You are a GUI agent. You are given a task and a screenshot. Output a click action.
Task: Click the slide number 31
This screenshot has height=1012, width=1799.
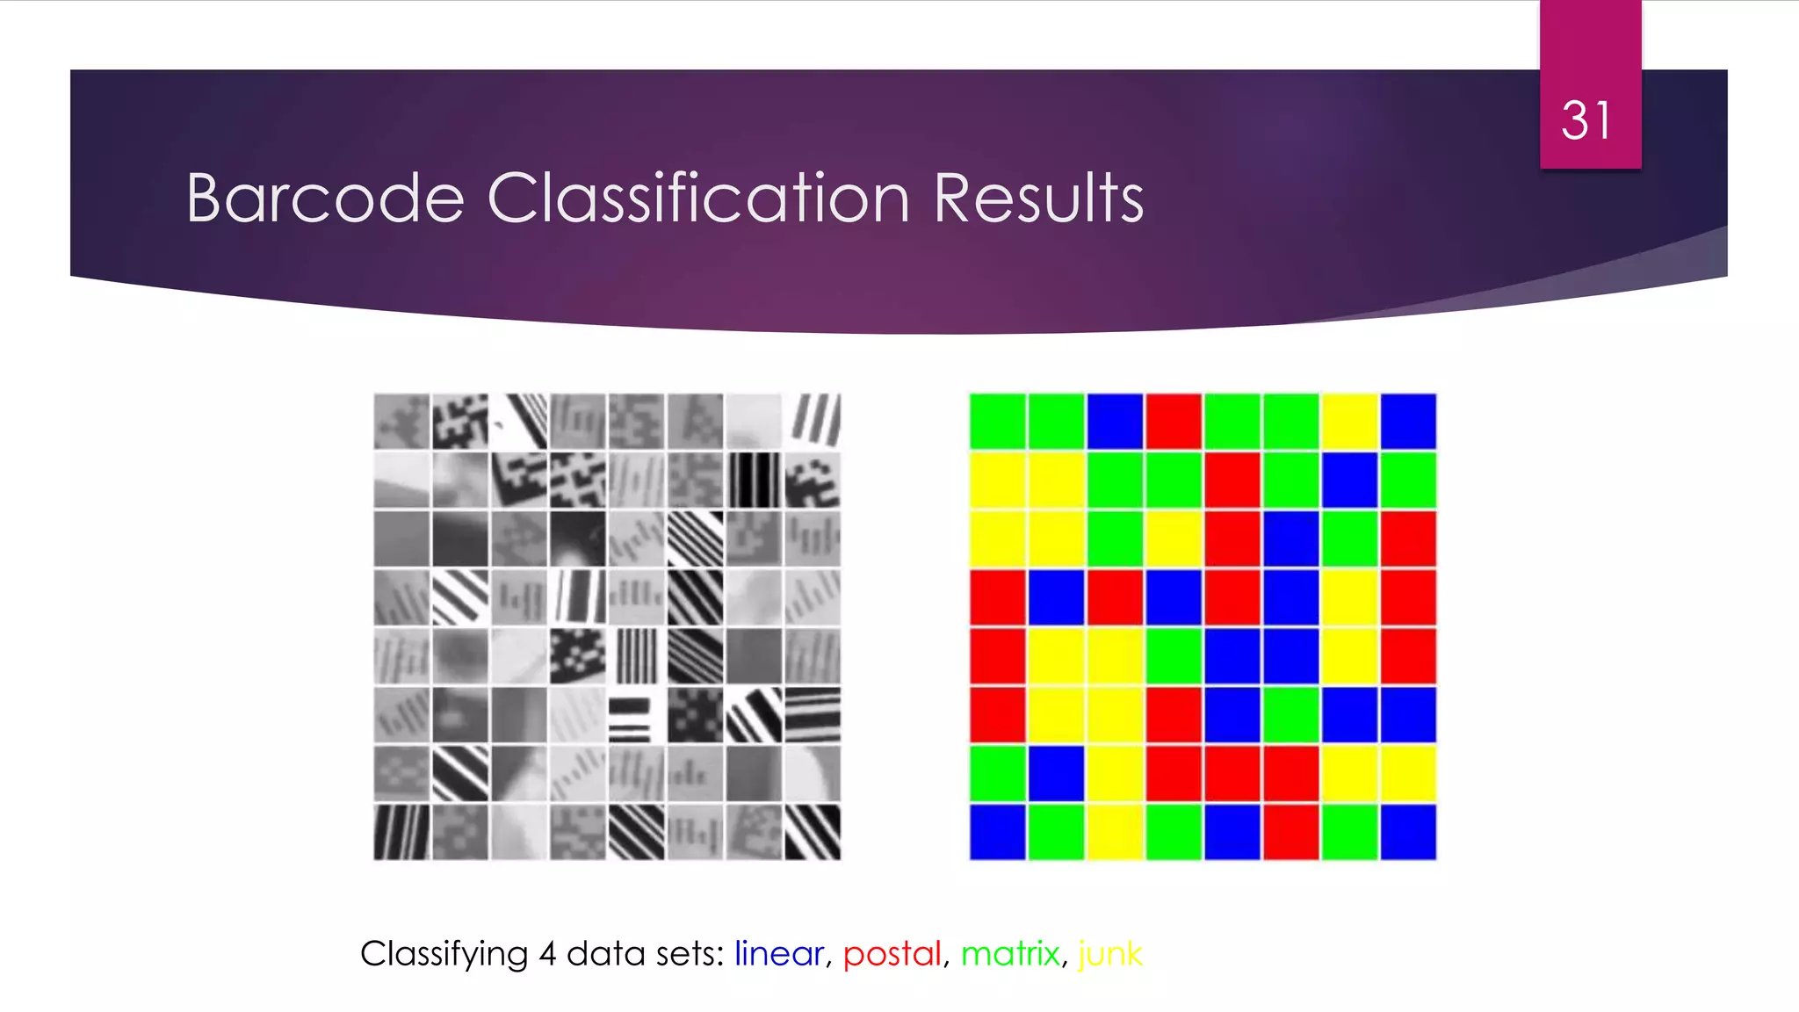tap(1586, 120)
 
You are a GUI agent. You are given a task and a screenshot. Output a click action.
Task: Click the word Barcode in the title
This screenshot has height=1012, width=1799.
tap(325, 199)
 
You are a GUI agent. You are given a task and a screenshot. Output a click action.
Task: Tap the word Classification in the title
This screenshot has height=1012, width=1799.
tap(698, 199)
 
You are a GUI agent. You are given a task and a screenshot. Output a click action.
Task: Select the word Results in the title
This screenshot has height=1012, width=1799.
tap(1038, 199)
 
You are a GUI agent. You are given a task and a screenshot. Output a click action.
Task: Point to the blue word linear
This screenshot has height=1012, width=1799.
tap(778, 953)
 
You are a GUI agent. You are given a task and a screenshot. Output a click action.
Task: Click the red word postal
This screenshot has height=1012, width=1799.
tap(892, 953)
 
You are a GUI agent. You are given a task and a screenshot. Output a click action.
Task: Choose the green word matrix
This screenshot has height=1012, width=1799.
tap(1010, 953)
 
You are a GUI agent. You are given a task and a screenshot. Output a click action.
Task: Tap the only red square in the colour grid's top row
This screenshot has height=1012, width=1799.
tap(1174, 422)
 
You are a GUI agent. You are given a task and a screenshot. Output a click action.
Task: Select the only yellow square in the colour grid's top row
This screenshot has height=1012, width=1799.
tap(1349, 422)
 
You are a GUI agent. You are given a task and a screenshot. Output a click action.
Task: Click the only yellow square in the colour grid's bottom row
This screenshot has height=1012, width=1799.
tap(1115, 831)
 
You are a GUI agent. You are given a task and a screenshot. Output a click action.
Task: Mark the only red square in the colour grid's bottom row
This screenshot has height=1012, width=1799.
tap(1290, 831)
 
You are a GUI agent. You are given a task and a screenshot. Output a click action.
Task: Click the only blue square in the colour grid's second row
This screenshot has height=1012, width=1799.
tap(1349, 481)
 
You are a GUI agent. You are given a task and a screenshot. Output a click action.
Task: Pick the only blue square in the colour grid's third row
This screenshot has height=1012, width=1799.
tap(1290, 539)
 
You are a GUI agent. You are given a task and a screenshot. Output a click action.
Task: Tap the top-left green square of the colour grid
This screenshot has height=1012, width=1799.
tap(998, 422)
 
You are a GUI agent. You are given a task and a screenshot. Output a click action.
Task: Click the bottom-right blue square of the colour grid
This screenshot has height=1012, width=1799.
tap(1408, 831)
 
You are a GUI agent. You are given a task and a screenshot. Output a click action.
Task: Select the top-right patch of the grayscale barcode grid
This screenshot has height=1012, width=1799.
tap(813, 422)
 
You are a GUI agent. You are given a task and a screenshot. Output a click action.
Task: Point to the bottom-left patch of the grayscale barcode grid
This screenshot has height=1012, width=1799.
tap(401, 831)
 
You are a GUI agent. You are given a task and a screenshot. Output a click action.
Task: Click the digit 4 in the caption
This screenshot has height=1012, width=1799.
tap(547, 953)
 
